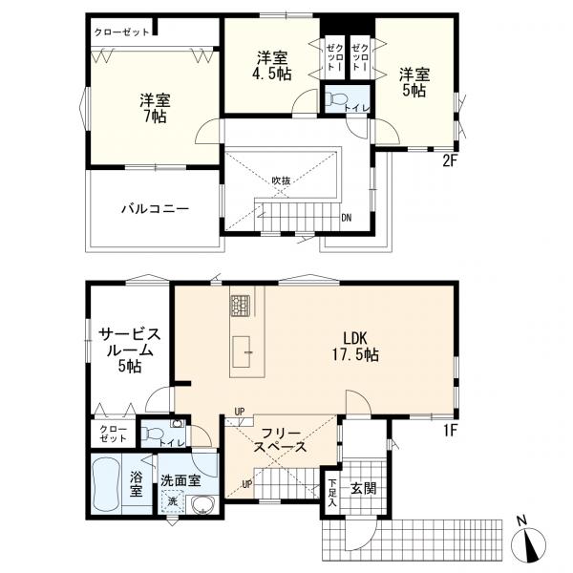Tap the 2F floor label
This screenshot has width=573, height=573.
click(x=450, y=161)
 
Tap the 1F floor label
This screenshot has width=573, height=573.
click(x=451, y=431)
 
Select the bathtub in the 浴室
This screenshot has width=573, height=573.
click(x=106, y=484)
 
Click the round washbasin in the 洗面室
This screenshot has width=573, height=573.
click(x=202, y=505)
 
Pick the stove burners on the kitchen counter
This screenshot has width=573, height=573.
click(x=240, y=306)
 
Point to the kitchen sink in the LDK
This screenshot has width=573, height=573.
click(x=242, y=351)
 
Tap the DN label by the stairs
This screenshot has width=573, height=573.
click(x=346, y=218)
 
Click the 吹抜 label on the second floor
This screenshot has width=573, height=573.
click(x=281, y=180)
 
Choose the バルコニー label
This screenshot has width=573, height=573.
click(x=156, y=209)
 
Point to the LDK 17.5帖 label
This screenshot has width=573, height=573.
click(x=355, y=346)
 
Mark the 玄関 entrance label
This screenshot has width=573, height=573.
click(x=363, y=488)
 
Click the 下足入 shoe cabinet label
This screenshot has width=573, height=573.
click(x=331, y=492)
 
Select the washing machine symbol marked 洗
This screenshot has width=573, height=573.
click(x=172, y=501)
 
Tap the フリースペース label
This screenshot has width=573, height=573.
click(x=280, y=440)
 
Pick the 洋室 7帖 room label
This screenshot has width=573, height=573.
click(x=155, y=108)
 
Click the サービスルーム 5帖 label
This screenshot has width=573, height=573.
click(x=130, y=350)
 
